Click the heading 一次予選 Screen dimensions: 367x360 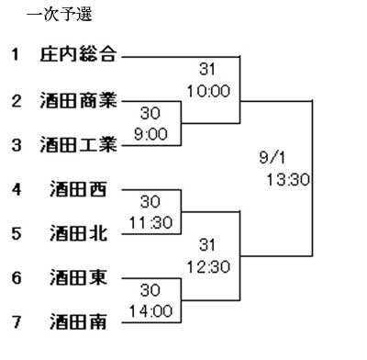click(x=60, y=15)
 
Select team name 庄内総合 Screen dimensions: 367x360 click(x=78, y=54)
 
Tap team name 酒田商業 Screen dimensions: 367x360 click(x=78, y=100)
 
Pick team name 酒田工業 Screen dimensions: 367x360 click(x=78, y=144)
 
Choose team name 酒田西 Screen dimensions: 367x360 click(x=78, y=189)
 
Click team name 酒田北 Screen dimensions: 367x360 click(x=78, y=233)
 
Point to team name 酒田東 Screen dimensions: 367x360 click(x=78, y=277)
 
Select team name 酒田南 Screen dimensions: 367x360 click(x=78, y=321)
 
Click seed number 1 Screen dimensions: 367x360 click(x=16, y=54)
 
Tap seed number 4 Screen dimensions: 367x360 click(x=17, y=189)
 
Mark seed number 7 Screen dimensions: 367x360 click(x=17, y=322)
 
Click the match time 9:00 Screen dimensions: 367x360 click(x=150, y=134)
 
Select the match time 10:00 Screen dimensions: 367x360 click(x=208, y=91)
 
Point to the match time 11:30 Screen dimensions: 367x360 click(x=150, y=222)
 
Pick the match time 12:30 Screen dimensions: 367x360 click(x=208, y=266)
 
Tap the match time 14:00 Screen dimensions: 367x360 click(x=150, y=311)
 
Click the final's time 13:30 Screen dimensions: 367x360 click(x=288, y=180)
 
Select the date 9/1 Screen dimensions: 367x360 click(x=272, y=158)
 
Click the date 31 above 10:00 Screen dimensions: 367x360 click(x=207, y=69)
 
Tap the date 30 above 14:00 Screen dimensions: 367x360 click(x=150, y=290)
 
